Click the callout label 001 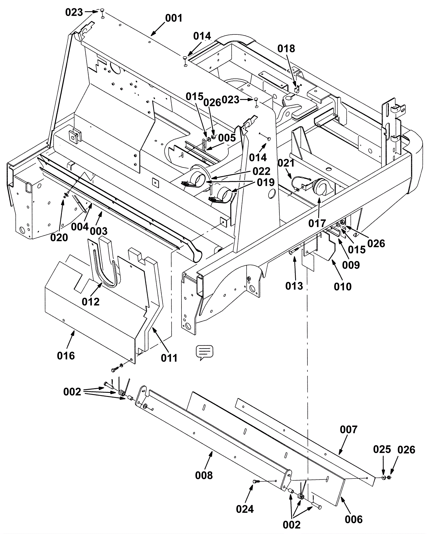tap(174, 18)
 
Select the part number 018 tap(286, 49)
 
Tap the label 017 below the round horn tap(317, 223)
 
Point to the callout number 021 tap(286, 163)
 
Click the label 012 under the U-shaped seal tap(91, 302)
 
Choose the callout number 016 tap(66, 355)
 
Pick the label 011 tap(169, 358)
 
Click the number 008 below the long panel tap(204, 475)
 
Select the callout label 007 tap(349, 430)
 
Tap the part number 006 tap(354, 519)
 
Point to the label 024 tap(245, 509)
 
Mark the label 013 tap(294, 286)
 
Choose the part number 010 tap(343, 287)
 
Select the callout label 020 tap(59, 237)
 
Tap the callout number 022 tap(262, 171)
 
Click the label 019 tap(266, 183)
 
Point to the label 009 tap(351, 265)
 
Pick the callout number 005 tap(227, 138)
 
